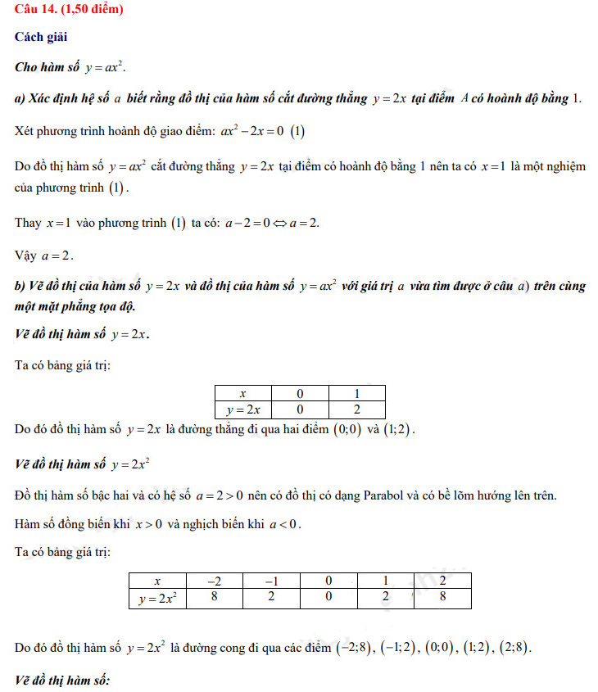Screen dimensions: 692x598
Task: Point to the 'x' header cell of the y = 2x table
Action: pyautogui.click(x=242, y=393)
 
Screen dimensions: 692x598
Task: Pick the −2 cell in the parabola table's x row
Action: pyautogui.click(x=214, y=581)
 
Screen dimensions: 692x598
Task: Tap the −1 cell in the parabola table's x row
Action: pyautogui.click(x=271, y=581)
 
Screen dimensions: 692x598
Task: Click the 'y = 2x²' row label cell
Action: pyautogui.click(x=157, y=598)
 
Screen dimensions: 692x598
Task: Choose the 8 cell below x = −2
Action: pyautogui.click(x=214, y=598)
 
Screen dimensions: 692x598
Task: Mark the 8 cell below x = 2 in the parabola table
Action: pyautogui.click(x=442, y=598)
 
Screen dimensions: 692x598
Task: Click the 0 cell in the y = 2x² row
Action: pyautogui.click(x=328, y=598)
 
